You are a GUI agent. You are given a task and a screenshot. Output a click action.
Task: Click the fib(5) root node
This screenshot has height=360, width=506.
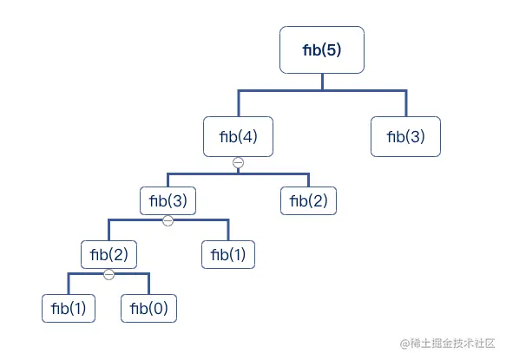pos(322,50)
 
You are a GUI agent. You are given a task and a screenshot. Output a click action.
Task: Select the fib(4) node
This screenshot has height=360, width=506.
pos(238,136)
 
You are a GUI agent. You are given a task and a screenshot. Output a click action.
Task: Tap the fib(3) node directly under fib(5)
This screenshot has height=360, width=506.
pos(406,136)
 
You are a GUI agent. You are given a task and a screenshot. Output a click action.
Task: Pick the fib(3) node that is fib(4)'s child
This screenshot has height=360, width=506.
pos(168,201)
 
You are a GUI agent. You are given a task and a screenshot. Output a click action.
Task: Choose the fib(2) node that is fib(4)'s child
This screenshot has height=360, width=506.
pos(308,201)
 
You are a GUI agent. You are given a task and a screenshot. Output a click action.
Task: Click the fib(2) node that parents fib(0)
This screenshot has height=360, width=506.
pos(108,255)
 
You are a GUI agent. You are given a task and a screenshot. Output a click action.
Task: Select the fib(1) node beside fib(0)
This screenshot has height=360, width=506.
pos(69,308)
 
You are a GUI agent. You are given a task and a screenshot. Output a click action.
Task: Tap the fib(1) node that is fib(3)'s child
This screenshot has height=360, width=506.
pos(229,255)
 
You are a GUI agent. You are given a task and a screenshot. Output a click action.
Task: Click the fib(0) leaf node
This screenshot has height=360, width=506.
pos(148,308)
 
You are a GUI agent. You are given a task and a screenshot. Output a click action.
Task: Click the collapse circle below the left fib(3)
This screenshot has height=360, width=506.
pos(168,220)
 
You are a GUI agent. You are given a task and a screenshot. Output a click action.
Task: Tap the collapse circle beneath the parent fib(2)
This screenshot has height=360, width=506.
pos(108,274)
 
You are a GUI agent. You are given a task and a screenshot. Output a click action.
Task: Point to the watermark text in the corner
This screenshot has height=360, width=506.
pos(442,344)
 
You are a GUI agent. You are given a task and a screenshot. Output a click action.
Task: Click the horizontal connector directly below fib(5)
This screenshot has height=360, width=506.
pos(322,89)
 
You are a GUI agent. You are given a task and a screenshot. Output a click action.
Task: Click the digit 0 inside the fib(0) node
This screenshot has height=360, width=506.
pos(159,308)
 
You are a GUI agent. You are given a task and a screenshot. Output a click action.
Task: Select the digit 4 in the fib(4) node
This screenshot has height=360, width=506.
pos(248,136)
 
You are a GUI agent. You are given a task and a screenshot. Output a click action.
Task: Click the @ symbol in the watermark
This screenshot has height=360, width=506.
pos(392,344)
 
